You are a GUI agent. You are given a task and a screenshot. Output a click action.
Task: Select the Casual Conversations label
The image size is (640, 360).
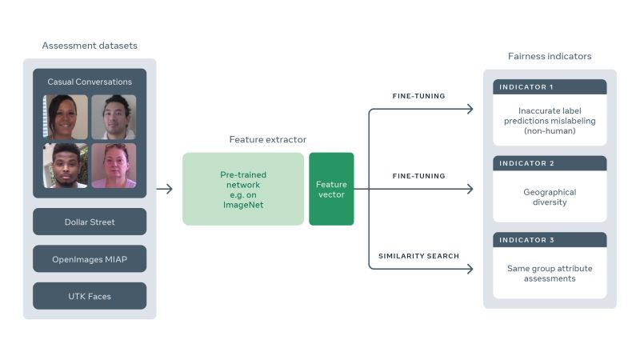(90, 82)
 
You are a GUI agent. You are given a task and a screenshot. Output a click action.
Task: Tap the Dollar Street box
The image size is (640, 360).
(90, 222)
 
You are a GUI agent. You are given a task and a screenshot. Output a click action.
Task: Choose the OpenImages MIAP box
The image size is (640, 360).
(90, 258)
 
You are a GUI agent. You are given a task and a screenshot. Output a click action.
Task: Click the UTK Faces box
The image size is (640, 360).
(90, 295)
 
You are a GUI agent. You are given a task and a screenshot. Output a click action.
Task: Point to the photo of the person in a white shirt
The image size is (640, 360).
(66, 166)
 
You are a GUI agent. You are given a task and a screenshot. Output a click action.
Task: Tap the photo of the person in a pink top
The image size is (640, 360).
(114, 166)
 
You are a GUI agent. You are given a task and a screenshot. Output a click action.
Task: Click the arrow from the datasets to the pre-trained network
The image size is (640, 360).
(164, 189)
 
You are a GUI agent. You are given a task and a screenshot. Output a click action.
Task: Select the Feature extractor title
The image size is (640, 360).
(267, 139)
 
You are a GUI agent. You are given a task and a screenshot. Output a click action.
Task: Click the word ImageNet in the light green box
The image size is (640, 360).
(243, 205)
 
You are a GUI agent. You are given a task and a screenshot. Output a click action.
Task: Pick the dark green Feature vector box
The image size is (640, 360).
(331, 189)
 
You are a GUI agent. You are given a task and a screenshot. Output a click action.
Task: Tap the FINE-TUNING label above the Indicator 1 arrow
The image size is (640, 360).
(418, 96)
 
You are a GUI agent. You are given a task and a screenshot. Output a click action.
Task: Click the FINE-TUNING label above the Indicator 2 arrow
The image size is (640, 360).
(418, 175)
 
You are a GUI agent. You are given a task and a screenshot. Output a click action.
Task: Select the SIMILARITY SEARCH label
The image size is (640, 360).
(418, 256)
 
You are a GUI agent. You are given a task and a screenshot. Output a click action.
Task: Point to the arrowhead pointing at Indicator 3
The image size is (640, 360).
(470, 270)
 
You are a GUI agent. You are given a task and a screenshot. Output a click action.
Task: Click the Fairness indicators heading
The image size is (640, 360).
(550, 56)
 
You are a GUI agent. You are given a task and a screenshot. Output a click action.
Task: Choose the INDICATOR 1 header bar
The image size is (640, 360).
(550, 86)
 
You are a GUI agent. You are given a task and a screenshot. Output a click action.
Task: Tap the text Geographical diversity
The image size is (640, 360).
(550, 198)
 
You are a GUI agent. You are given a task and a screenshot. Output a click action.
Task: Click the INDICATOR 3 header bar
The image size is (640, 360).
(550, 240)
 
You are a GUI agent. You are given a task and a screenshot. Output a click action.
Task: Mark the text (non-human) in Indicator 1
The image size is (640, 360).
(550, 130)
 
